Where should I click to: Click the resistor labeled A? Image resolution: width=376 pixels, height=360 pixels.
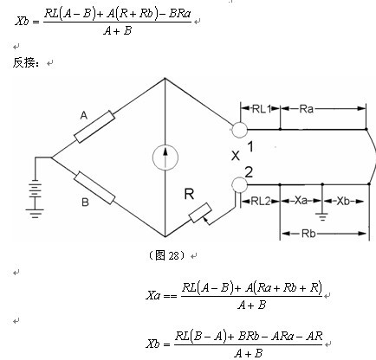pyautogui.click(x=94, y=126)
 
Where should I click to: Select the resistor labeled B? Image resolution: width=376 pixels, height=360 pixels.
pyautogui.click(x=94, y=188)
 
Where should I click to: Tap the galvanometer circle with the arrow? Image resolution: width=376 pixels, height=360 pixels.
pyautogui.click(x=165, y=157)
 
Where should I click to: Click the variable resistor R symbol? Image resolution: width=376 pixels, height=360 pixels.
pyautogui.click(x=200, y=214)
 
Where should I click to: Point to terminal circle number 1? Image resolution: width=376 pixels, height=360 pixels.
pyautogui.click(x=239, y=130)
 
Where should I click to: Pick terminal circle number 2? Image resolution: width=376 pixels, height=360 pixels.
pyautogui.click(x=239, y=184)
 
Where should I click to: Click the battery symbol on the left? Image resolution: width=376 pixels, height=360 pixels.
pyautogui.click(x=35, y=189)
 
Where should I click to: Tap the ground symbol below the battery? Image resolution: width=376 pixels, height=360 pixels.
pyautogui.click(x=35, y=214)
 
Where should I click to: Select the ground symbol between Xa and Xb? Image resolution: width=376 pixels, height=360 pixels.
pyautogui.click(x=322, y=216)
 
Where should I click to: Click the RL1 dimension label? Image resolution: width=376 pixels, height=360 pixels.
pyautogui.click(x=262, y=109)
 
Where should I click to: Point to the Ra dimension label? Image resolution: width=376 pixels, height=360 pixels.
pyautogui.click(x=306, y=109)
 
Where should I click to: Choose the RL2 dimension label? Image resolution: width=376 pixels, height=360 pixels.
pyautogui.click(x=261, y=201)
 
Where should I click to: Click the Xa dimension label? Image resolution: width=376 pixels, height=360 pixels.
pyautogui.click(x=301, y=200)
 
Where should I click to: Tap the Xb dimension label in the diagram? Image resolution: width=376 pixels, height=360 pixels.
pyautogui.click(x=343, y=201)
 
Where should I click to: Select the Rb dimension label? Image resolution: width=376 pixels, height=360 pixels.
pyautogui.click(x=308, y=233)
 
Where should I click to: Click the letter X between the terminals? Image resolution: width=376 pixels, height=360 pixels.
pyautogui.click(x=236, y=156)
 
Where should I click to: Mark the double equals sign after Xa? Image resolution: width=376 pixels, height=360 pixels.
pyautogui.click(x=170, y=296)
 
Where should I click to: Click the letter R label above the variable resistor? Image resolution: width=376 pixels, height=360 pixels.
pyautogui.click(x=189, y=194)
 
